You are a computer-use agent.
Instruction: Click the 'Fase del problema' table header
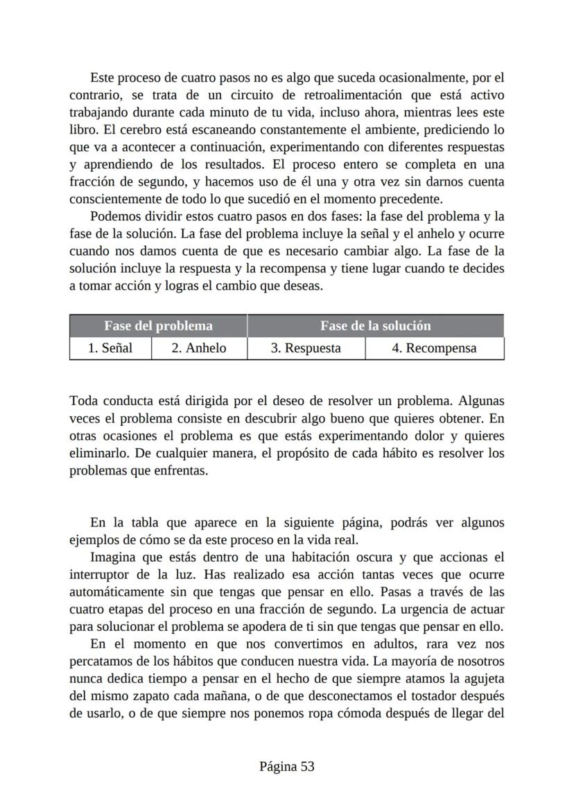pyautogui.click(x=158, y=326)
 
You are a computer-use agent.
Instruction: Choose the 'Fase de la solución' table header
pyautogui.click(x=375, y=326)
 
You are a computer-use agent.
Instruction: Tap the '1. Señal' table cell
pyautogui.click(x=110, y=348)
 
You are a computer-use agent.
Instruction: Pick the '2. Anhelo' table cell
pyautogui.click(x=199, y=348)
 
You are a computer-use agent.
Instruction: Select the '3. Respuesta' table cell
pyautogui.click(x=306, y=348)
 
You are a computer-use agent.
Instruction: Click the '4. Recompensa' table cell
pyautogui.click(x=434, y=348)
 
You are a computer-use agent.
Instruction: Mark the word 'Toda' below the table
pyautogui.click(x=84, y=401)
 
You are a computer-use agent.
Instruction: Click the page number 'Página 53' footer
pyautogui.click(x=287, y=767)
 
